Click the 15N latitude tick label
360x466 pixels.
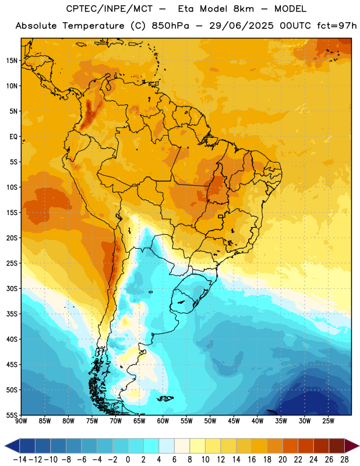click(x=12, y=61)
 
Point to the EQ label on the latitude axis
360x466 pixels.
click(x=13, y=137)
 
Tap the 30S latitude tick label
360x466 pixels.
click(x=12, y=288)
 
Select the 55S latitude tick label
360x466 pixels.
click(x=12, y=415)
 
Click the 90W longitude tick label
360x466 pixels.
click(x=21, y=421)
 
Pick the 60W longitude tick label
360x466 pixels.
click(x=163, y=421)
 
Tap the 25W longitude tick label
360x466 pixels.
click(x=328, y=421)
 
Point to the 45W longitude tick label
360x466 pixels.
click(x=234, y=421)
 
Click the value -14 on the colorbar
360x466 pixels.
click(x=20, y=460)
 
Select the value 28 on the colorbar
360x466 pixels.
click(x=344, y=460)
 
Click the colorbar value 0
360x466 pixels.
click(x=128, y=460)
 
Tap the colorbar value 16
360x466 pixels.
click(x=252, y=460)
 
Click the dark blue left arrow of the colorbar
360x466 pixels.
click(x=12, y=446)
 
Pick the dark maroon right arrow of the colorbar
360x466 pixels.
click(x=352, y=446)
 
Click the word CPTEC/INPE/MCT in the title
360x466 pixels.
click(x=110, y=9)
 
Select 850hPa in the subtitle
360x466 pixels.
click(x=170, y=26)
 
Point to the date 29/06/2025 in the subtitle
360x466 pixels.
click(x=241, y=26)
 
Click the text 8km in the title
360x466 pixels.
click(x=243, y=9)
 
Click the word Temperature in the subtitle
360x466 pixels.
click(x=93, y=26)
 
